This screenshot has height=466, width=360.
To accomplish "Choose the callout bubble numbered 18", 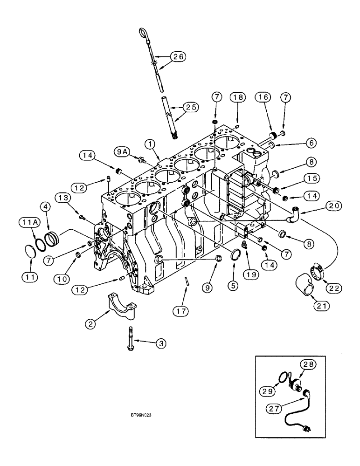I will coord(238,97).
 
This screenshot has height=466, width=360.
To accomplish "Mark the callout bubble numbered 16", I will coord(263,97).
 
